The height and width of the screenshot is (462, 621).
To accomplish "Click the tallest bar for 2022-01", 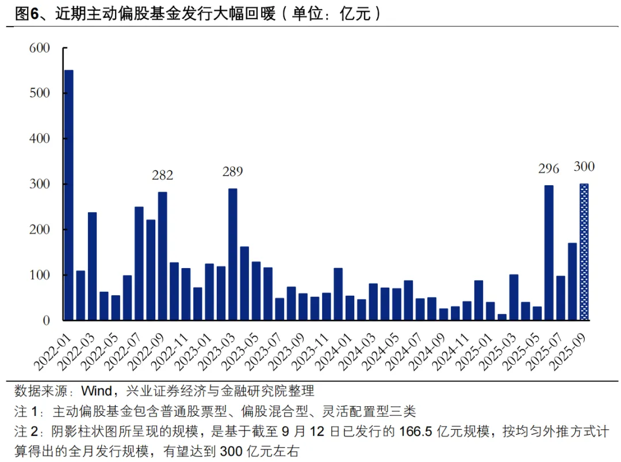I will pos(69,196).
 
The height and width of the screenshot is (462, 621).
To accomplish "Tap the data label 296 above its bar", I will pos(549,169).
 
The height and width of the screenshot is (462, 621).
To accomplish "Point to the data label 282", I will pos(162,175).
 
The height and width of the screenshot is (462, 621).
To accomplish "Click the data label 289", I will pos(232,171).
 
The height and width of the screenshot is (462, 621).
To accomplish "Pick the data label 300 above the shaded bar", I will pos(584,167).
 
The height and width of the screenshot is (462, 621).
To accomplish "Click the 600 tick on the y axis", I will pos(40,48).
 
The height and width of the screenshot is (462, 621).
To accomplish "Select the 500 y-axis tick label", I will pos(40,93).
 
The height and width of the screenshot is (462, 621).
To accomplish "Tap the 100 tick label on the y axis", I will pos(40,275).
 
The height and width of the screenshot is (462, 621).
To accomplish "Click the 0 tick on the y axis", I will pos(47,320).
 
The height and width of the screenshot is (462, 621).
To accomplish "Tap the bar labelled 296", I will pos(549,253).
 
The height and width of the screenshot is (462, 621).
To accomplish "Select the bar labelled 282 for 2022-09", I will pos(162,256).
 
